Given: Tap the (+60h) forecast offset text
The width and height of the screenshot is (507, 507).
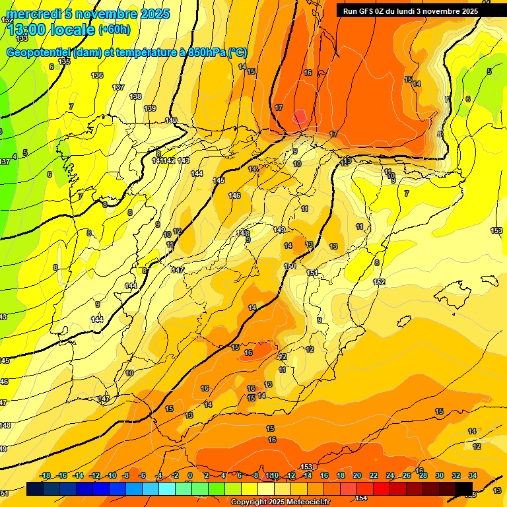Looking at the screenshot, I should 114,29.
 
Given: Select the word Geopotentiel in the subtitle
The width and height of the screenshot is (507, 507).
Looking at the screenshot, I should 39,53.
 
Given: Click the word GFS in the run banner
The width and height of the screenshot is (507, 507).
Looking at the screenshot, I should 366,11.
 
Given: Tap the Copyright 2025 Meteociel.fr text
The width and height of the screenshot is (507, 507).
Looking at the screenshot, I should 281,502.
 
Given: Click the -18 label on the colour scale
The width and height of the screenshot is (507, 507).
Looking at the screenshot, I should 45,475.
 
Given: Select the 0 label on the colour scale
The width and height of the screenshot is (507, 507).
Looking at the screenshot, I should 190,475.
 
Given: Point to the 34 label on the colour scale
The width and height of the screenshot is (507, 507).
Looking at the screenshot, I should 473,475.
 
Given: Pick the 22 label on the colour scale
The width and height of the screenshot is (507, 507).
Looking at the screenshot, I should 374,475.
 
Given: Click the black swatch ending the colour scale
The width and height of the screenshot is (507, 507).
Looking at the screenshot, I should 464,489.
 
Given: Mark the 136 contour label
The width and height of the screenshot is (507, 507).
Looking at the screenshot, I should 97,75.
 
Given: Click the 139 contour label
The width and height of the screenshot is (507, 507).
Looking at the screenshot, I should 150,108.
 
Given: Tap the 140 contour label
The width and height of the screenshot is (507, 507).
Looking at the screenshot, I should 171,120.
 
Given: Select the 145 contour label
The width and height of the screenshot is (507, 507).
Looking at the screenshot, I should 219,180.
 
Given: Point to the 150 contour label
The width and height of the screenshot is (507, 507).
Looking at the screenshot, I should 290,266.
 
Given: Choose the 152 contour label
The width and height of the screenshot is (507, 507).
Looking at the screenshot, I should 379,282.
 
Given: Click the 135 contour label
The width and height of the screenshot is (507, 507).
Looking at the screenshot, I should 64,61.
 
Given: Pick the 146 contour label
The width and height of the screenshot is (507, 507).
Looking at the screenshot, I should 234,195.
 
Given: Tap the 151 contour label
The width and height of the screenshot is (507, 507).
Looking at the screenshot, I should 312,273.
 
